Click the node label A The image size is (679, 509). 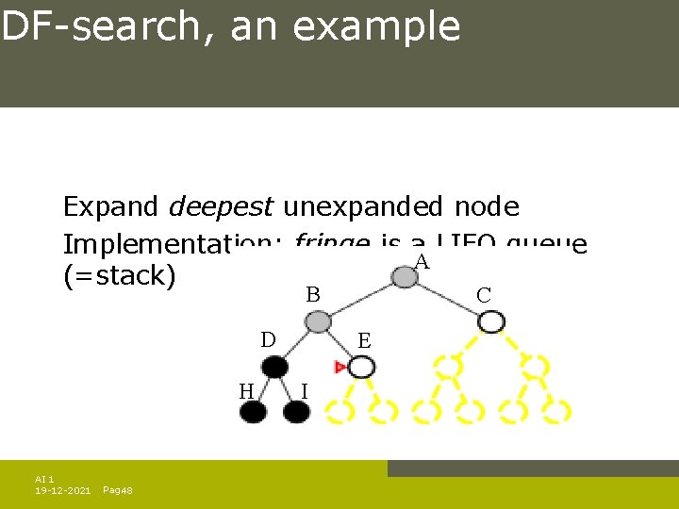[422, 262]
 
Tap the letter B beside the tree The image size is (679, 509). [312, 295]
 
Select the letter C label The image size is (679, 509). [483, 296]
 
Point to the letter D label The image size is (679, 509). [268, 339]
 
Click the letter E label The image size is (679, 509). [364, 341]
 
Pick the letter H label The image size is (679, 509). [246, 390]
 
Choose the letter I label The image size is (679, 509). [303, 390]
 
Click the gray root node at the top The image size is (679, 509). [405, 275]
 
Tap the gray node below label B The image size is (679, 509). [319, 321]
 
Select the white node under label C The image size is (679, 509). [490, 321]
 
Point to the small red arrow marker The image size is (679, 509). [339, 366]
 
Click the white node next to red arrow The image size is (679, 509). [361, 366]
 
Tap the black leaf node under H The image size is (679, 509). [254, 411]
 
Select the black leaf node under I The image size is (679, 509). [296, 411]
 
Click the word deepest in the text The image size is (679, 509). [221, 206]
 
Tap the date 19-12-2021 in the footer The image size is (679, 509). [62, 491]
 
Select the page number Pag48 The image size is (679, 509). [117, 491]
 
